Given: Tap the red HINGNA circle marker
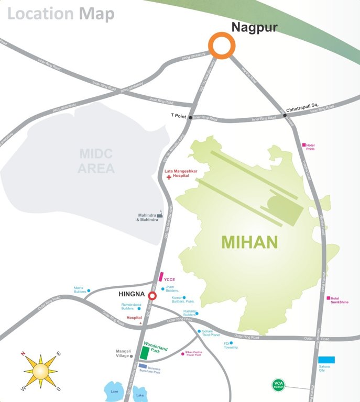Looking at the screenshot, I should pos(152,297).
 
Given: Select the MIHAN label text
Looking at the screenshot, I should pos(249,242).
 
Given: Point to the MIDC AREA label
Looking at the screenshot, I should pos(96,161).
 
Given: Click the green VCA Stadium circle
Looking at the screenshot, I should pos(278,385).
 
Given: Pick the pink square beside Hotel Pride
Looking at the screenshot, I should pos(303,145).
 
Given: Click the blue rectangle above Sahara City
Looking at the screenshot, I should pos(326,360).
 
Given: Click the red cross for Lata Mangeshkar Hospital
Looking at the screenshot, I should pos(168,178).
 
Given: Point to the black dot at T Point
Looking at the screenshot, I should pos(190,117).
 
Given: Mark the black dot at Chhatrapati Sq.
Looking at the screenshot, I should pos(285,115).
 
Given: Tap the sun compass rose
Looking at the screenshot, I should pos(40,371).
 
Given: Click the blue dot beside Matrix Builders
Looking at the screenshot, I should pos(89,291).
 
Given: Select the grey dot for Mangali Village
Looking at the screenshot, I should pos(132,356).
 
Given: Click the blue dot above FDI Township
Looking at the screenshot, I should pos(231,343).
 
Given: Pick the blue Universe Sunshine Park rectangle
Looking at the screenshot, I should pos(143,366).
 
